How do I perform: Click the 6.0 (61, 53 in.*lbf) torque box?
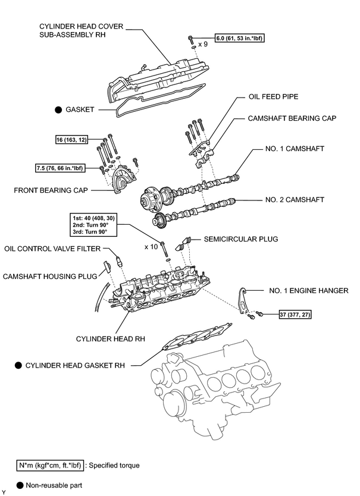point(240,38)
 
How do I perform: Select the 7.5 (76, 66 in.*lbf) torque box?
point(60,168)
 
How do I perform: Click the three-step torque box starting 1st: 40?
point(93,225)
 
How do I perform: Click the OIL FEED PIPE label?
point(273,96)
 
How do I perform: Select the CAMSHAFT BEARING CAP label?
point(292,118)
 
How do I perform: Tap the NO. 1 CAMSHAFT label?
point(295,149)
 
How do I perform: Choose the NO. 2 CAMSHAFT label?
point(295,200)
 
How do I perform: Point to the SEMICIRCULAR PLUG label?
point(241,239)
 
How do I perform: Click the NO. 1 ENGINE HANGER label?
point(309,291)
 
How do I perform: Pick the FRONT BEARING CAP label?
point(51,190)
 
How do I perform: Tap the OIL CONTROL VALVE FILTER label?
point(52,249)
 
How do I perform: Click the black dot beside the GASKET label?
point(58,110)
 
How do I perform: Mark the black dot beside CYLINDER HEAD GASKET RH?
point(18,365)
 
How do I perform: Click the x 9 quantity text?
point(203,44)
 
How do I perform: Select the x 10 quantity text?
point(151,247)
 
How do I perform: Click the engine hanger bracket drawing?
point(243,301)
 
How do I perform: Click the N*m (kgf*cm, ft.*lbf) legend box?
point(50,466)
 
